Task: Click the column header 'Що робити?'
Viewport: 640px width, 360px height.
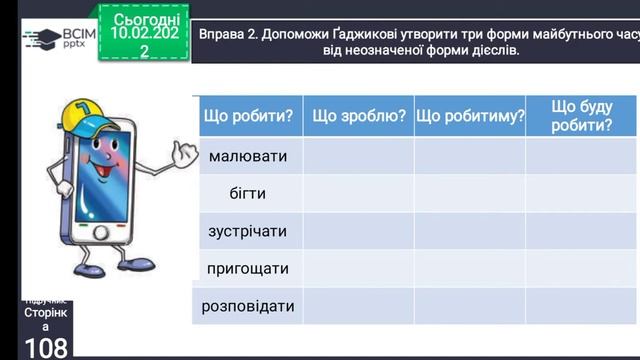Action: coord(247,117)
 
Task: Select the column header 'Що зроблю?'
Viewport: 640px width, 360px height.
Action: coord(358,117)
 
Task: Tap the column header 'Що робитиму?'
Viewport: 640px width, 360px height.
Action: coord(470,117)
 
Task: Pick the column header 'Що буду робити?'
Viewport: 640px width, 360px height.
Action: coord(581,115)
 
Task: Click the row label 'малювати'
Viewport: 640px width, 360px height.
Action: coord(247,156)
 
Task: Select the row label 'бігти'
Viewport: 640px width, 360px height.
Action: coord(247,193)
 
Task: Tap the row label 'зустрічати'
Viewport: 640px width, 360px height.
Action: coord(247,231)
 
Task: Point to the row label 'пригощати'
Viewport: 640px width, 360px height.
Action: coord(247,268)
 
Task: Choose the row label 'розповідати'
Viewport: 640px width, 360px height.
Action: coord(247,306)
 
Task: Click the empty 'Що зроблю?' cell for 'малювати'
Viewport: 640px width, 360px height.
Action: coord(358,156)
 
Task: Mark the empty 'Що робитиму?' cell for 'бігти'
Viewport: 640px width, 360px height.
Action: coord(470,193)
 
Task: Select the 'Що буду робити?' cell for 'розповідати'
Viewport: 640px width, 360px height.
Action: coord(581,306)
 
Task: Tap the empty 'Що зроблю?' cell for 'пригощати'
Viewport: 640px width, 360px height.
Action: coord(358,268)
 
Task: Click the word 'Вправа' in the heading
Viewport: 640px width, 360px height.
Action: coord(224,32)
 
